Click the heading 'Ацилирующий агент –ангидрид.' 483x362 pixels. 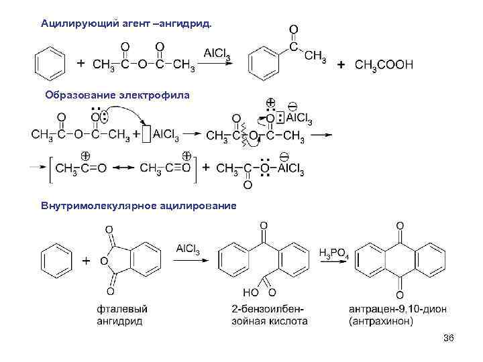[125, 23]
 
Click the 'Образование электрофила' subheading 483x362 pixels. [117, 95]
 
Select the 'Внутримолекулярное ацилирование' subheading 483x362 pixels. [138, 205]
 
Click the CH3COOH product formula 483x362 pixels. [384, 65]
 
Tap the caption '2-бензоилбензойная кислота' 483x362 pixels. [264, 314]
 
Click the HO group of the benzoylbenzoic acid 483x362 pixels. [250, 292]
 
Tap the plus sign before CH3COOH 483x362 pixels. [341, 65]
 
